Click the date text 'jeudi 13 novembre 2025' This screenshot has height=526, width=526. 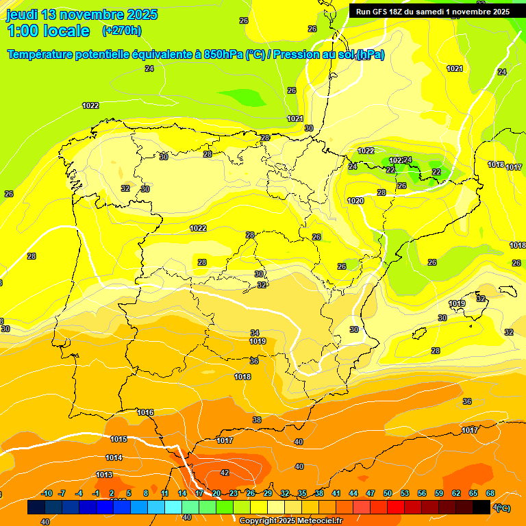click(x=82, y=14)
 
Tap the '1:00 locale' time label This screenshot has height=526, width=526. click(x=48, y=30)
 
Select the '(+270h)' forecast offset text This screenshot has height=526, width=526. click(x=122, y=30)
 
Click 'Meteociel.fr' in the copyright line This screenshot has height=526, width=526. click(x=316, y=521)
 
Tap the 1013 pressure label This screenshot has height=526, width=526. click(x=104, y=475)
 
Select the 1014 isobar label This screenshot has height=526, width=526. click(x=114, y=458)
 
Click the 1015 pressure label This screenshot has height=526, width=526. click(x=118, y=439)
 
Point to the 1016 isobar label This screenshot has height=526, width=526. click(x=145, y=412)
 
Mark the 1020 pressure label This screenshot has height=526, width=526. click(x=355, y=201)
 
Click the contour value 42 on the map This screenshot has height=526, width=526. click(x=225, y=473)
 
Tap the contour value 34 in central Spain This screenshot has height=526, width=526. click(x=255, y=333)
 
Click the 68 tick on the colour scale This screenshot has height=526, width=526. click(x=490, y=493)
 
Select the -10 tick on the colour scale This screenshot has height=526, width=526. click(x=47, y=493)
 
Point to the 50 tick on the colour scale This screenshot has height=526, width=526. click(x=388, y=493)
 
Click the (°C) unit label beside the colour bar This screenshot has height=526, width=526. click(x=501, y=508)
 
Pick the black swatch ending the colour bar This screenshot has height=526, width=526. click(x=481, y=508)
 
